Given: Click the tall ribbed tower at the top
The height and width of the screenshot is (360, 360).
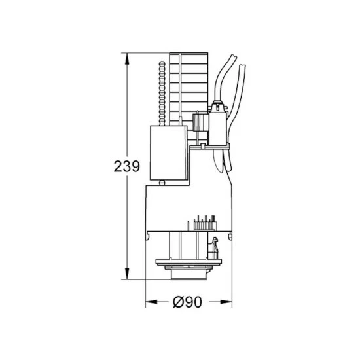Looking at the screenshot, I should click(x=191, y=85).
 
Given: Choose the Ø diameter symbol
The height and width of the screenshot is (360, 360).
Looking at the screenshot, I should click(x=179, y=302).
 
